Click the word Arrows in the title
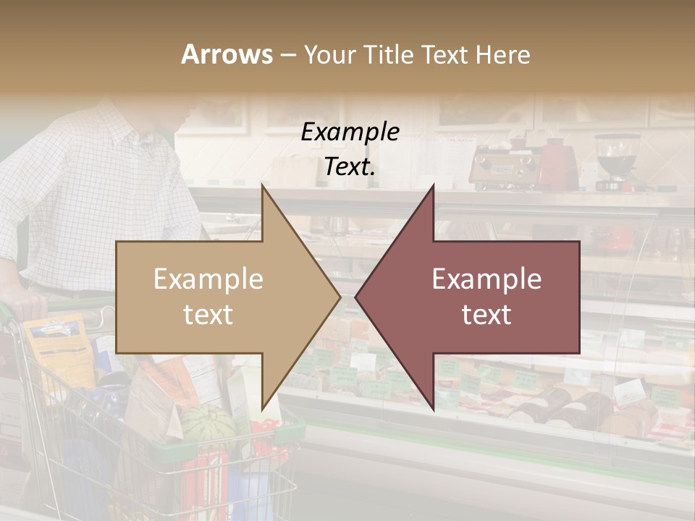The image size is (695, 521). tap(227, 54)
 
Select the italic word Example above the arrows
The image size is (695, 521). tap(350, 132)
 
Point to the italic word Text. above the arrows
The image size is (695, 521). tap(350, 166)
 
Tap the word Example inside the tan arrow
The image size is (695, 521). tap(208, 279)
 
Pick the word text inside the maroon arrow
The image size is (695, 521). tap(486, 314)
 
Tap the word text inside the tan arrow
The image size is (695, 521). tap(208, 314)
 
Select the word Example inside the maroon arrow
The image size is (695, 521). tap(486, 279)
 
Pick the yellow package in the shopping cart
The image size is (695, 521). tap(55, 347)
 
